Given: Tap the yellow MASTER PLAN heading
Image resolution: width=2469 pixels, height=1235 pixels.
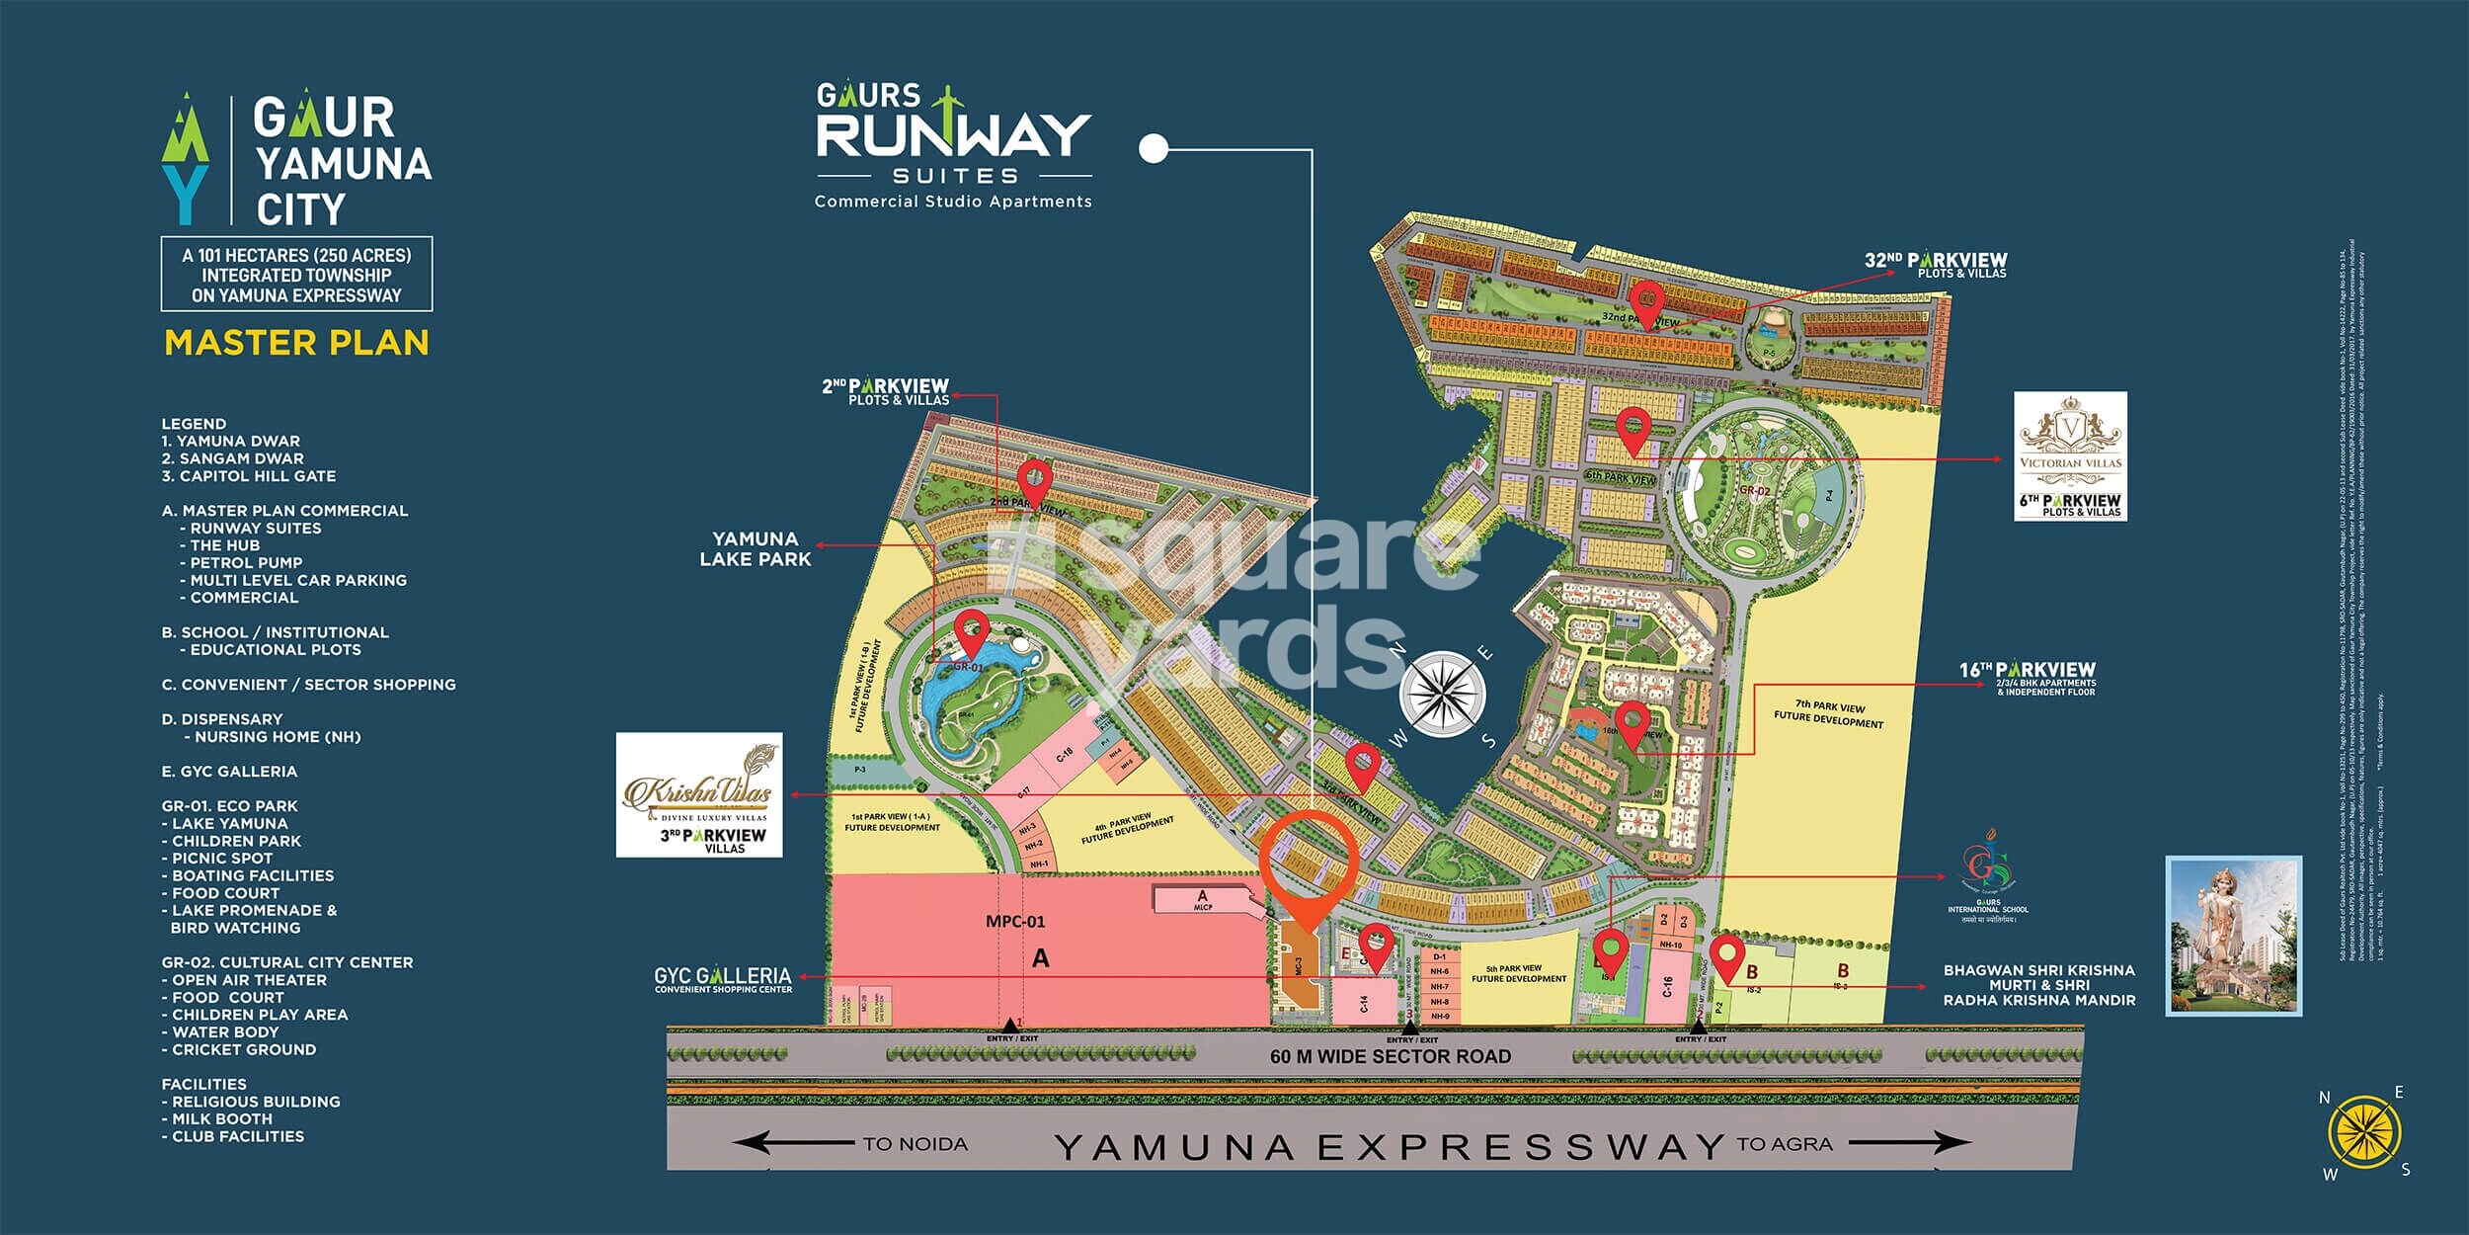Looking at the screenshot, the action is point(296,343).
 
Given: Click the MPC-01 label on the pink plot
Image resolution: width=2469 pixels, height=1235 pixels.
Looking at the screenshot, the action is point(1014,922).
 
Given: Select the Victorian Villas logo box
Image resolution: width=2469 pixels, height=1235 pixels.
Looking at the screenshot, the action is point(2070,455).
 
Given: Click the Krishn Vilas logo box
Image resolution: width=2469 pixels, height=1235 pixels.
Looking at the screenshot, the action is point(699,794).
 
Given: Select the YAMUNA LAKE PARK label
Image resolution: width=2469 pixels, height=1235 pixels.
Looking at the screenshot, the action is point(756,548).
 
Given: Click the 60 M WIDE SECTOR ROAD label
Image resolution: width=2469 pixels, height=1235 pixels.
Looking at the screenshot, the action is point(1390,1056).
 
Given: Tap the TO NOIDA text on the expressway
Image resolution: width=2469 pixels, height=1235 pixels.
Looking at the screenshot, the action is point(915,1144).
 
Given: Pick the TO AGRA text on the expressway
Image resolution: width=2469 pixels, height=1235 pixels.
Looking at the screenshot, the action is point(1784,1144).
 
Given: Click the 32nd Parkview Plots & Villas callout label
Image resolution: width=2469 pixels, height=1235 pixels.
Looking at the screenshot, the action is point(1935,265).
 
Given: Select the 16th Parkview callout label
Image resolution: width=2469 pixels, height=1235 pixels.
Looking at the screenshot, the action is point(2027,678).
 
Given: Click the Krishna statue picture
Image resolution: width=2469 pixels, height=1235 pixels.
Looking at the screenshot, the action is point(2233,935).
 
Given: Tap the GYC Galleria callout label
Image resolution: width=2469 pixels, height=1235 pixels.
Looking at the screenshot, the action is point(723,979).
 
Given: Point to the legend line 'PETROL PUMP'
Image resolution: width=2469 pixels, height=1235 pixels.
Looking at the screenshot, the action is point(246,562).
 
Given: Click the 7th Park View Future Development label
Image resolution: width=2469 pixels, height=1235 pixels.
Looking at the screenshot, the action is point(1829,713).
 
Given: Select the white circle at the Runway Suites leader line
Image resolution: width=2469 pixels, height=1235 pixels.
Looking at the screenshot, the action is point(1153,148).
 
